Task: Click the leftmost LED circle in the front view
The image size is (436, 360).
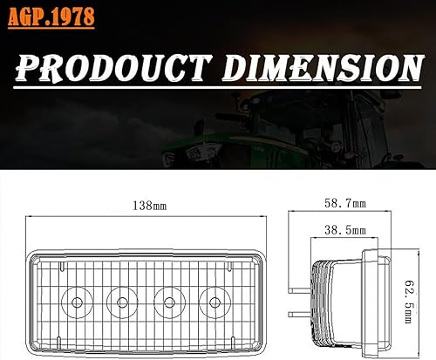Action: point(77,302)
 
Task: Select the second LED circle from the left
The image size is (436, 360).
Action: point(120,302)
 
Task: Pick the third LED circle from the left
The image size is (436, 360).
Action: point(167,302)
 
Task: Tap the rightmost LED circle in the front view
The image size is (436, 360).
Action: point(210,302)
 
